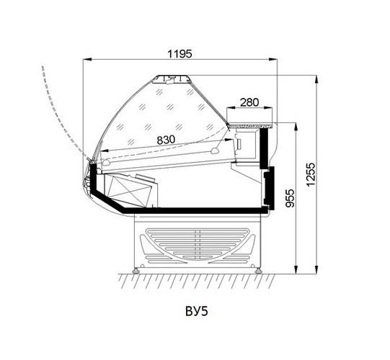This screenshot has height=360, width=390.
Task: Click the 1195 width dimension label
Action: point(180,54)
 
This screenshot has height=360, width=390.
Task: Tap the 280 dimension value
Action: point(249,102)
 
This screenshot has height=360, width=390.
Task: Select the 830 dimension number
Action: point(166,140)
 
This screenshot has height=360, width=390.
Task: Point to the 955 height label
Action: point(290,198)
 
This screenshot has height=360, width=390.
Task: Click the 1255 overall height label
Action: point(311,174)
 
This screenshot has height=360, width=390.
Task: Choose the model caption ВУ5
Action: point(197,311)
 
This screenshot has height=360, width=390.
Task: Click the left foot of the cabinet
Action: point(136,270)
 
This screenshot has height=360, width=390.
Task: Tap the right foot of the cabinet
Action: point(259,270)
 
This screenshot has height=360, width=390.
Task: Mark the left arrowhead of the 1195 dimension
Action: point(87,59)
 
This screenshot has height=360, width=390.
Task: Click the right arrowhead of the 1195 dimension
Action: point(272,59)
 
